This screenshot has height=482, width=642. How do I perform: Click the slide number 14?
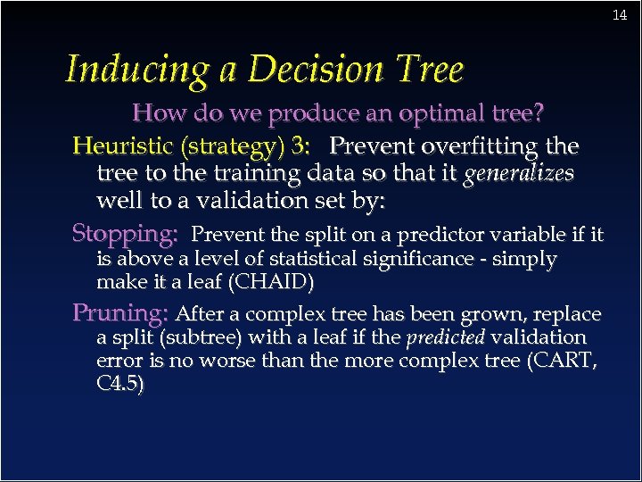pyautogui.click(x=620, y=15)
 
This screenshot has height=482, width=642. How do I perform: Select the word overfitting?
pyautogui.click(x=473, y=145)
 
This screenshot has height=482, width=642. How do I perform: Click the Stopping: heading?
pyautogui.click(x=125, y=235)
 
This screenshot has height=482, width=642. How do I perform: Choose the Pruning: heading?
pyautogui.click(x=120, y=313)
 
